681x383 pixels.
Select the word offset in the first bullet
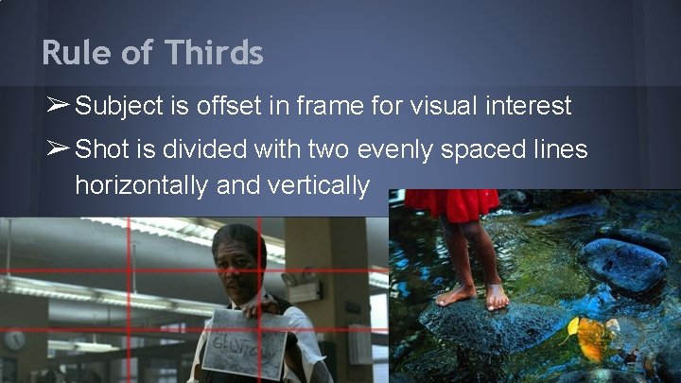[x=226, y=106]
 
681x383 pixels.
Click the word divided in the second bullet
[x=201, y=149]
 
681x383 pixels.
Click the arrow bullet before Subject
[x=55, y=105]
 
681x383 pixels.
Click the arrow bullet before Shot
[x=55, y=148]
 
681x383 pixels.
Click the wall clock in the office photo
[x=15, y=339]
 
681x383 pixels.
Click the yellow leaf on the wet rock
[x=593, y=339]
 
